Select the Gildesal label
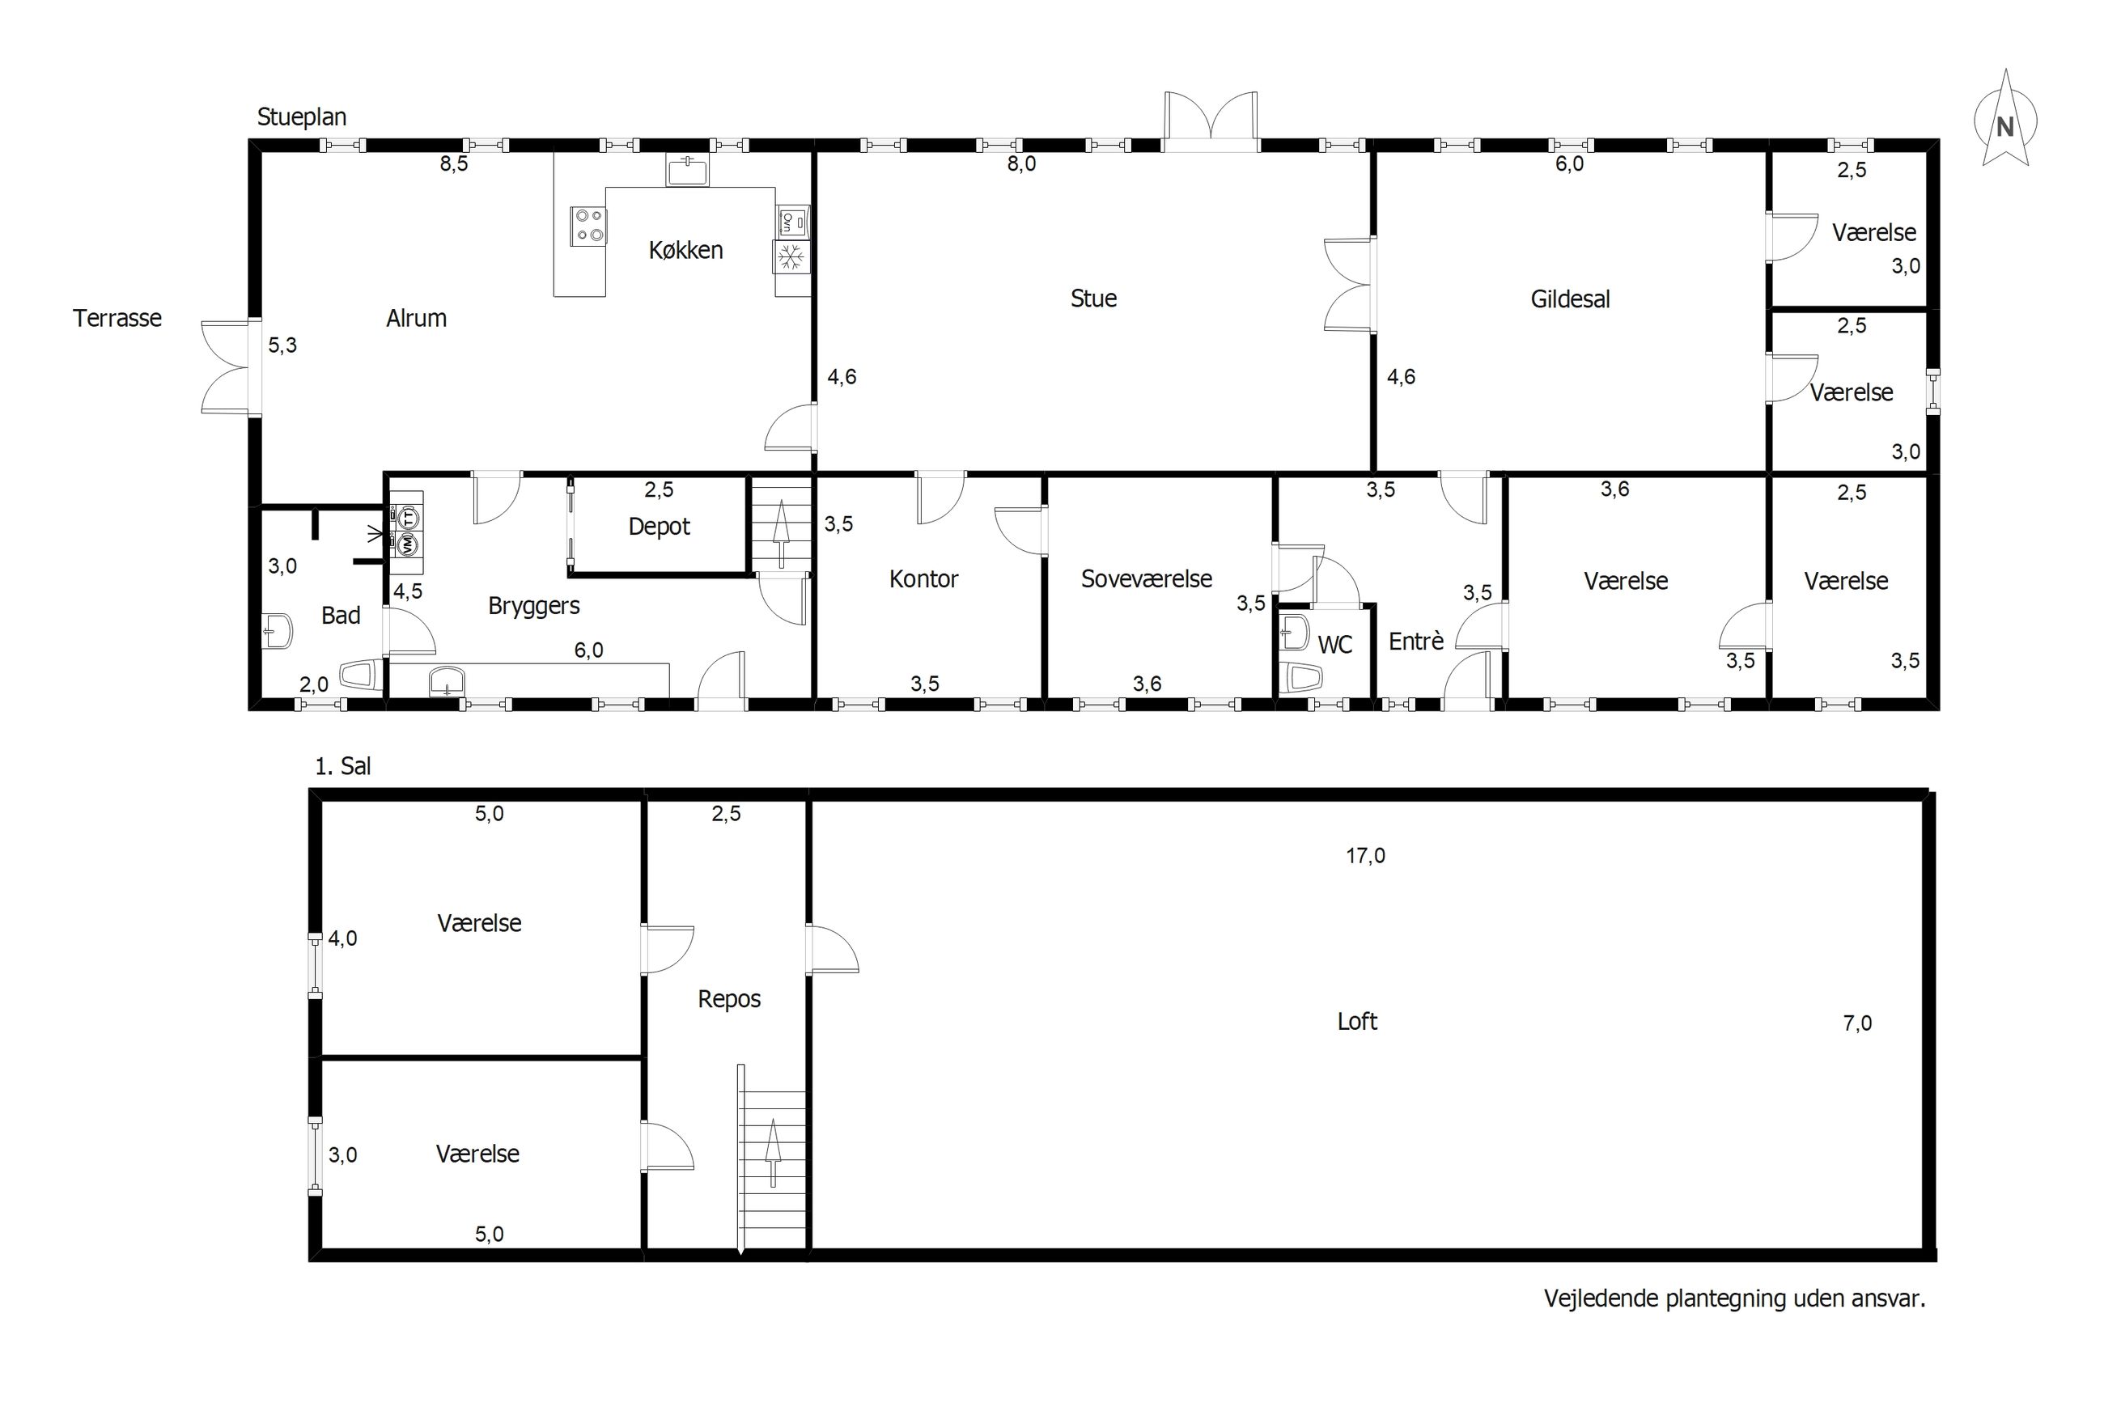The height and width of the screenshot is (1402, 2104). coord(1569,299)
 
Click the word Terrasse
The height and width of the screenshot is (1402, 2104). coord(117,318)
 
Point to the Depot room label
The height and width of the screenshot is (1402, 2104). coord(659,527)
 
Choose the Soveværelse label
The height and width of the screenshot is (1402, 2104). coord(1147,578)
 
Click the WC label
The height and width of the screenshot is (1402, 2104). coord(1334,645)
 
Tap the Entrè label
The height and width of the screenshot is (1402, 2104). coord(1415,641)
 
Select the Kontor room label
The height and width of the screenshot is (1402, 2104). coord(923,579)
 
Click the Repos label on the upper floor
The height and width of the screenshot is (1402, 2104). coord(729,999)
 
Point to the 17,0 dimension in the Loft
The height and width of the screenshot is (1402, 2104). coord(1365,856)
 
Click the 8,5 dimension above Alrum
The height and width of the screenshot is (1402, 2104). coord(453,164)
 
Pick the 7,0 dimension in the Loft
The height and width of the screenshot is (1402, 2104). coord(1857,1023)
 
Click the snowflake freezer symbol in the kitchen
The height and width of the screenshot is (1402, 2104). coord(790,257)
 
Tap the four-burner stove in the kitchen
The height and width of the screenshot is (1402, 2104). coord(588,226)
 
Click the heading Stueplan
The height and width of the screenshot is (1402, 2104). coord(301,117)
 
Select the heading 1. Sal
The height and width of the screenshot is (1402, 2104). coord(342,766)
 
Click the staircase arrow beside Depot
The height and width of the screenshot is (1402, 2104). coord(781,534)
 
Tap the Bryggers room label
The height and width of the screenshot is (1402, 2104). coord(534,606)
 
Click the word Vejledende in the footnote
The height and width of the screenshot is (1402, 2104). coord(1601,1298)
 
